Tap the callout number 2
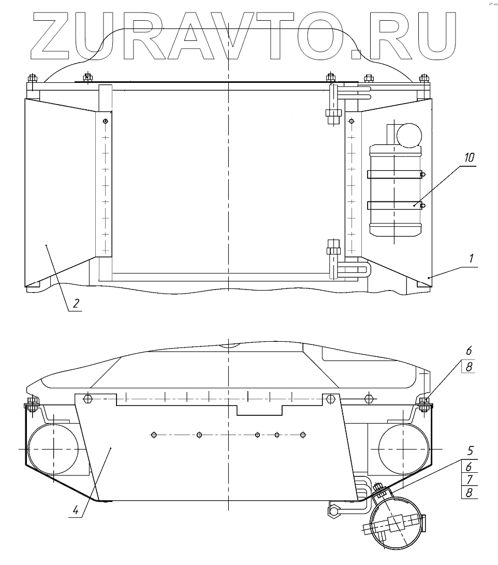pyautogui.click(x=76, y=303)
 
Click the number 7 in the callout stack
pyautogui.click(x=469, y=479)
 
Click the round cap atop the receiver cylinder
pyautogui.click(x=409, y=135)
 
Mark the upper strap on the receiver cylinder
pyautogui.click(x=394, y=175)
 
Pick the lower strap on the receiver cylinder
pyautogui.click(x=394, y=206)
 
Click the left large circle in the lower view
pyautogui.click(x=53, y=447)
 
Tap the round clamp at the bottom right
pyautogui.click(x=396, y=523)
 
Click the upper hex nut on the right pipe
pyautogui.click(x=331, y=113)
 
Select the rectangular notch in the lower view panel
pyautogui.click(x=259, y=409)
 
